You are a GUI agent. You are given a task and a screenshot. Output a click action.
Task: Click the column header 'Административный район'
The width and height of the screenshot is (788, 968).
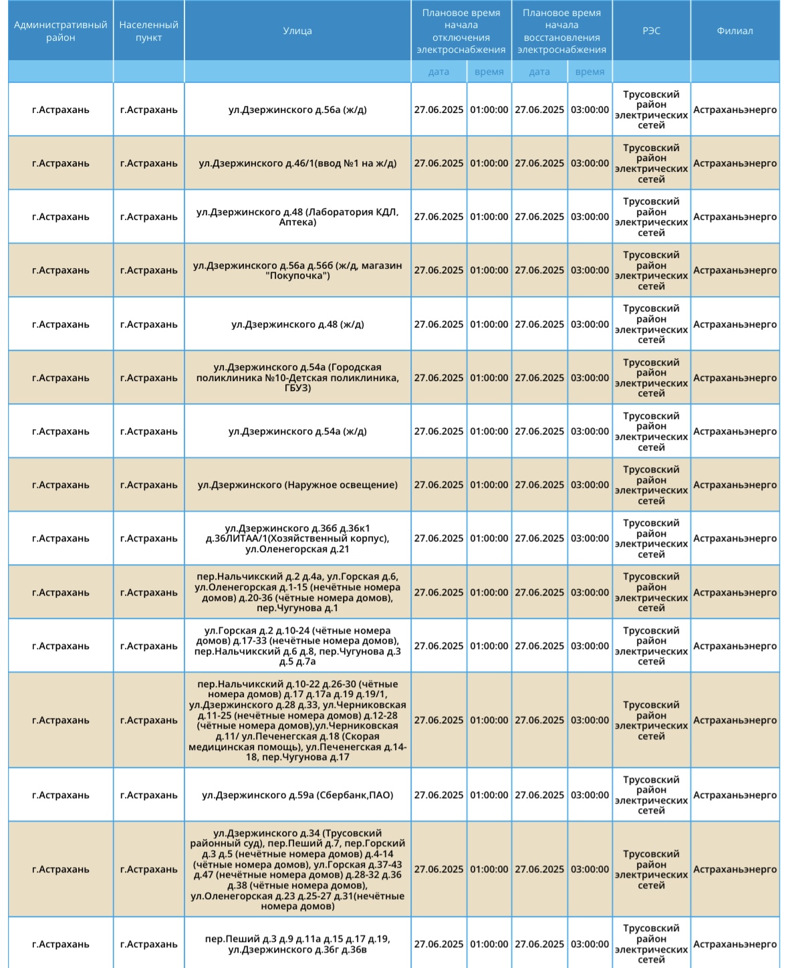click(60, 31)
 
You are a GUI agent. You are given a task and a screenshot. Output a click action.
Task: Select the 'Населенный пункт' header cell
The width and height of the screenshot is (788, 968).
click(148, 31)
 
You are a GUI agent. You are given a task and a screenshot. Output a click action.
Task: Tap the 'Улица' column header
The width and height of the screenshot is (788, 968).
click(297, 31)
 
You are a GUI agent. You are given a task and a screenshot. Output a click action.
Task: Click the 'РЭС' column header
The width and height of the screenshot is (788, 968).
click(651, 31)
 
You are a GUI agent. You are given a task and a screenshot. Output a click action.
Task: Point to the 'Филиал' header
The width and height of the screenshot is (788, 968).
click(735, 31)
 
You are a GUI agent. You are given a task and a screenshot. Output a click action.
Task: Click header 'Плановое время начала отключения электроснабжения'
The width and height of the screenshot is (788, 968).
click(461, 31)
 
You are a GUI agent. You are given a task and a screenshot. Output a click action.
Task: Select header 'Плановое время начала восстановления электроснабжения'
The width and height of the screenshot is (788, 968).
click(561, 31)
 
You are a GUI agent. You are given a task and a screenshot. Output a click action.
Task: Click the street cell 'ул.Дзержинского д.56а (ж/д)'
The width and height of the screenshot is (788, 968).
click(297, 110)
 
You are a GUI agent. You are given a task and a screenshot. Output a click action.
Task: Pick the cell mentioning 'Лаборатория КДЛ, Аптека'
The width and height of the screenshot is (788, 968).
click(297, 217)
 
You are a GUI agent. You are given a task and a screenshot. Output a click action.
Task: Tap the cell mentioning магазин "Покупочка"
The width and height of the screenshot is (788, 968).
click(297, 271)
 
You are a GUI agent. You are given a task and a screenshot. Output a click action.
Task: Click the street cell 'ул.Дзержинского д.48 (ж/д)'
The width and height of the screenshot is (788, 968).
click(297, 324)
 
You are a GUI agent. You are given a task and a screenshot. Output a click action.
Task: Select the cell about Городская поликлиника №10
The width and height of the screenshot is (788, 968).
click(297, 378)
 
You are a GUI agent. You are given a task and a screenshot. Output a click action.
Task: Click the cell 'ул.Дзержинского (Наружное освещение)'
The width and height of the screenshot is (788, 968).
click(297, 485)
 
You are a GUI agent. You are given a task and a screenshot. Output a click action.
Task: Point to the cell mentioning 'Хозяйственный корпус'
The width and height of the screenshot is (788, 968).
click(297, 539)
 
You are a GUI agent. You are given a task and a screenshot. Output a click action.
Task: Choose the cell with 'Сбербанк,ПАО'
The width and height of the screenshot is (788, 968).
click(297, 795)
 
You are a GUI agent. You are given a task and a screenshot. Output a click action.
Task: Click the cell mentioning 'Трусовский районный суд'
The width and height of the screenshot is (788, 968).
click(297, 869)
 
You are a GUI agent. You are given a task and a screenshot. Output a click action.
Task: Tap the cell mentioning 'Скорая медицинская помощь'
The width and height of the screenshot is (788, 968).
click(297, 721)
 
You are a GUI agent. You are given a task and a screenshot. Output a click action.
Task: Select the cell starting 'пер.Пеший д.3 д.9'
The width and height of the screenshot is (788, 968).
click(297, 944)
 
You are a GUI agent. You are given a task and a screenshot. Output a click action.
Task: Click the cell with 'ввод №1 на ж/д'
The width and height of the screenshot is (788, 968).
click(297, 163)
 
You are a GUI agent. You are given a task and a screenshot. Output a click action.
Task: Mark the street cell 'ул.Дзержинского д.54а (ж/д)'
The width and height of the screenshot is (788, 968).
click(297, 431)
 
